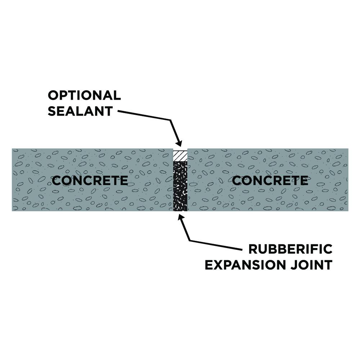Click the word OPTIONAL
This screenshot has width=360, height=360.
coord(84,95)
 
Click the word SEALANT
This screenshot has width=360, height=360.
coord(80,111)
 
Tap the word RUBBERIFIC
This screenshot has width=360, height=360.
coord(291,249)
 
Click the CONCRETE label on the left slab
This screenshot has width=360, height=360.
coord(90,180)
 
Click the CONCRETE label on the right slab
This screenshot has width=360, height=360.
coord(270,180)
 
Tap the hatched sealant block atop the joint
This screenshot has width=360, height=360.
coord(180,156)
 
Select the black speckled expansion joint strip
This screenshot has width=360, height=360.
coord(180,186)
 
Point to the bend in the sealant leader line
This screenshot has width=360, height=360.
coord(171,120)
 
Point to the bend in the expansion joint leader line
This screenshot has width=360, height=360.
coord(190,240)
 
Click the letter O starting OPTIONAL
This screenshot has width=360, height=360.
coord(53,95)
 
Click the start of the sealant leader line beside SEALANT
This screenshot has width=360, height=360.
coord(118,111)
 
